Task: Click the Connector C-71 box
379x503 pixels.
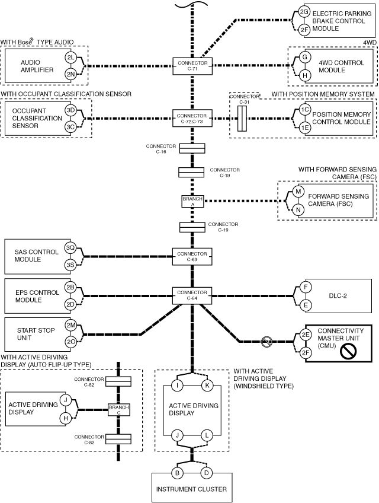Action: tap(192, 66)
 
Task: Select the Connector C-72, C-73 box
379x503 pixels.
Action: tap(192, 119)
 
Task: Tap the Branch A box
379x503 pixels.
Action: tap(192, 202)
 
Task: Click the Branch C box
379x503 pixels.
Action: tap(118, 410)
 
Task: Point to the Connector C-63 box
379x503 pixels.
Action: tap(192, 257)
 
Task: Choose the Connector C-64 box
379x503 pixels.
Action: tap(192, 295)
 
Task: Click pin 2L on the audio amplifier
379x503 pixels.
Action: tap(70, 58)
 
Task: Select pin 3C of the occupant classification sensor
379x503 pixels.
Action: tap(70, 127)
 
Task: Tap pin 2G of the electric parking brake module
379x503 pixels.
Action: tap(304, 12)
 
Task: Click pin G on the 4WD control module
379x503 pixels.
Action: tap(304, 57)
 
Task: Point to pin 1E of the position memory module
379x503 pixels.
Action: tap(304, 128)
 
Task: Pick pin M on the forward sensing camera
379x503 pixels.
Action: tap(298, 192)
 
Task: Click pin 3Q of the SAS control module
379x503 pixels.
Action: tap(70, 248)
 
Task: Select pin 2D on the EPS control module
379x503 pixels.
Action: tap(70, 304)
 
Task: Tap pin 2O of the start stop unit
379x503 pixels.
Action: tap(70, 342)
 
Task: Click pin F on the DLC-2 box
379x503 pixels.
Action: tap(306, 286)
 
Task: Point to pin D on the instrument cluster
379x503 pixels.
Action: tap(207, 473)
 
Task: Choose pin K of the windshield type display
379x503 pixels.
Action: tap(207, 385)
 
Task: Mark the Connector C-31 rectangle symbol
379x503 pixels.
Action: tap(242, 119)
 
